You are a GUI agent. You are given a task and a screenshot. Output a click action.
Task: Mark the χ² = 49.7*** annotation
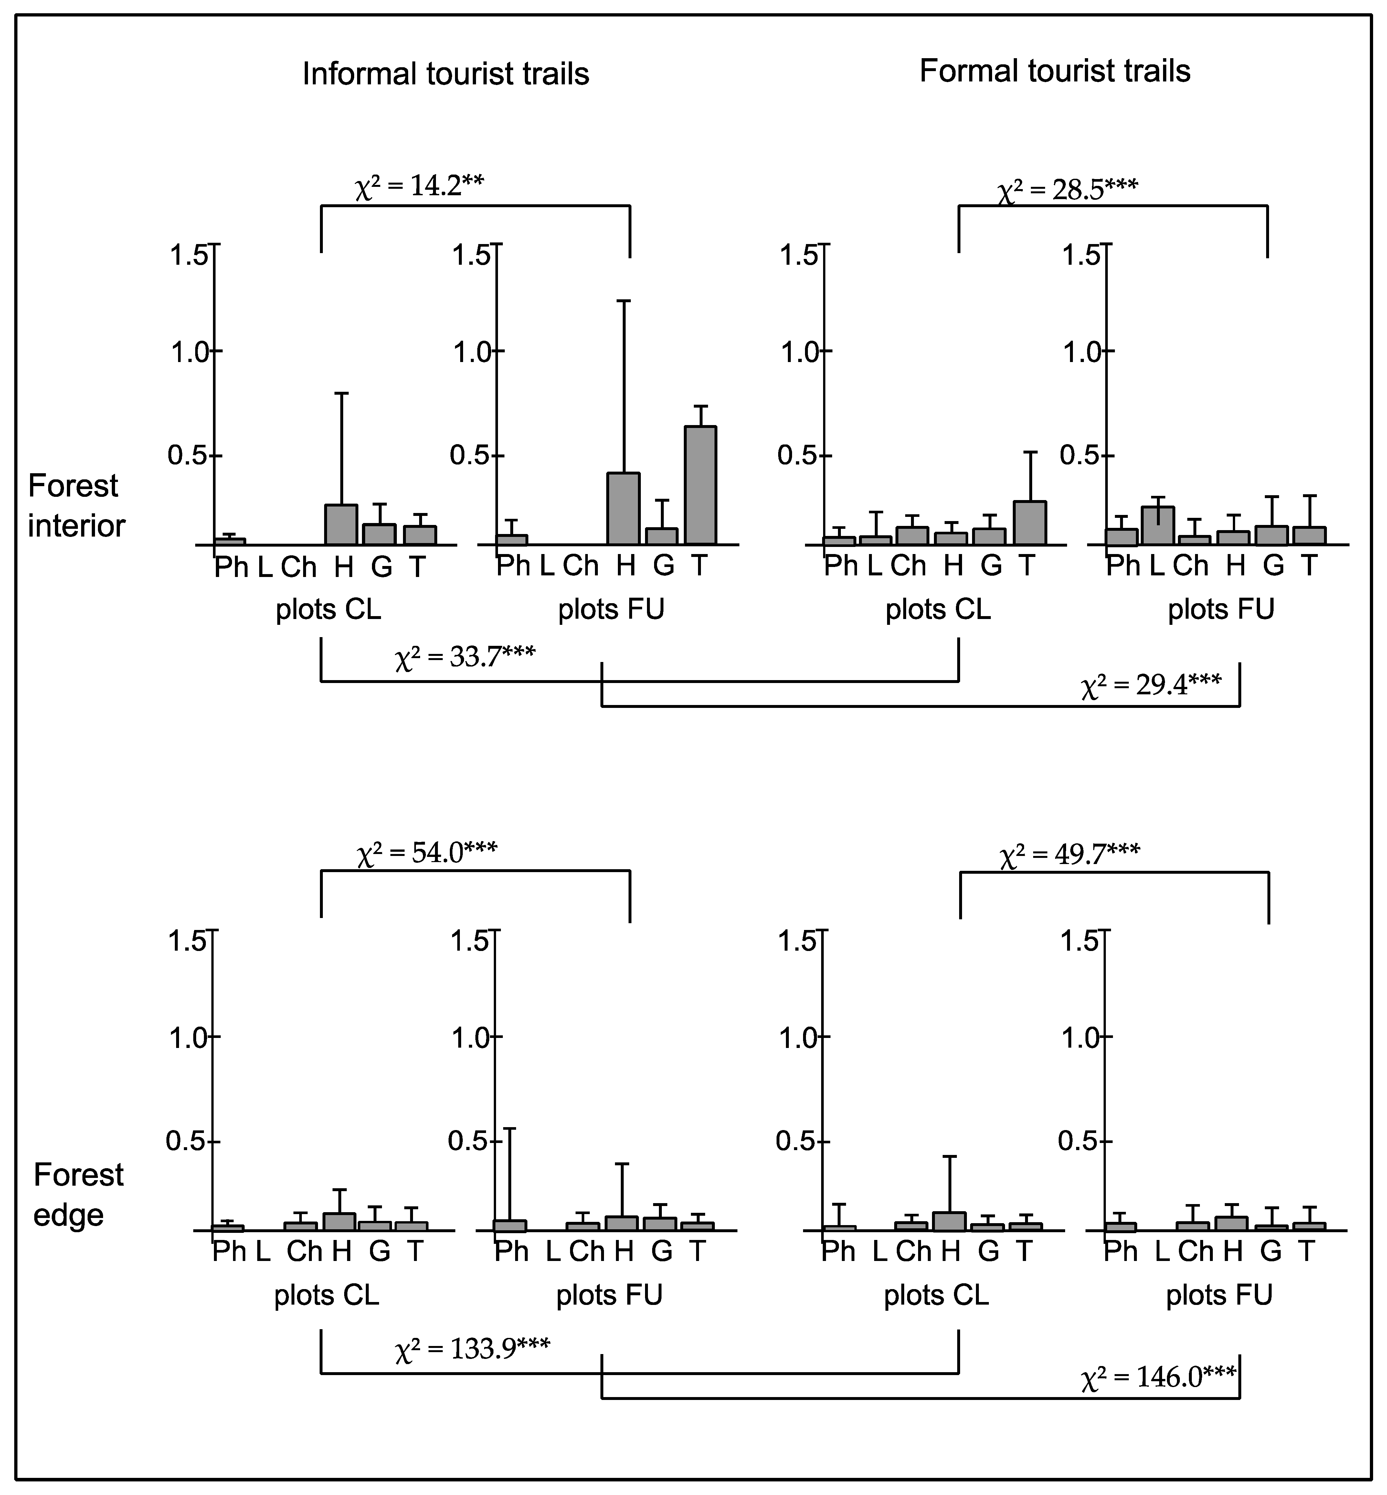click(x=1070, y=855)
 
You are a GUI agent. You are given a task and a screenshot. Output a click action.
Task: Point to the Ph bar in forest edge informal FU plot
click(x=510, y=1225)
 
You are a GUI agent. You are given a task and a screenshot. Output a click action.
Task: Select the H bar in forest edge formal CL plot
click(x=949, y=1222)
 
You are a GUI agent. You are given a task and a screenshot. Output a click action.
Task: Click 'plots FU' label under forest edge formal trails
click(x=1219, y=1295)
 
